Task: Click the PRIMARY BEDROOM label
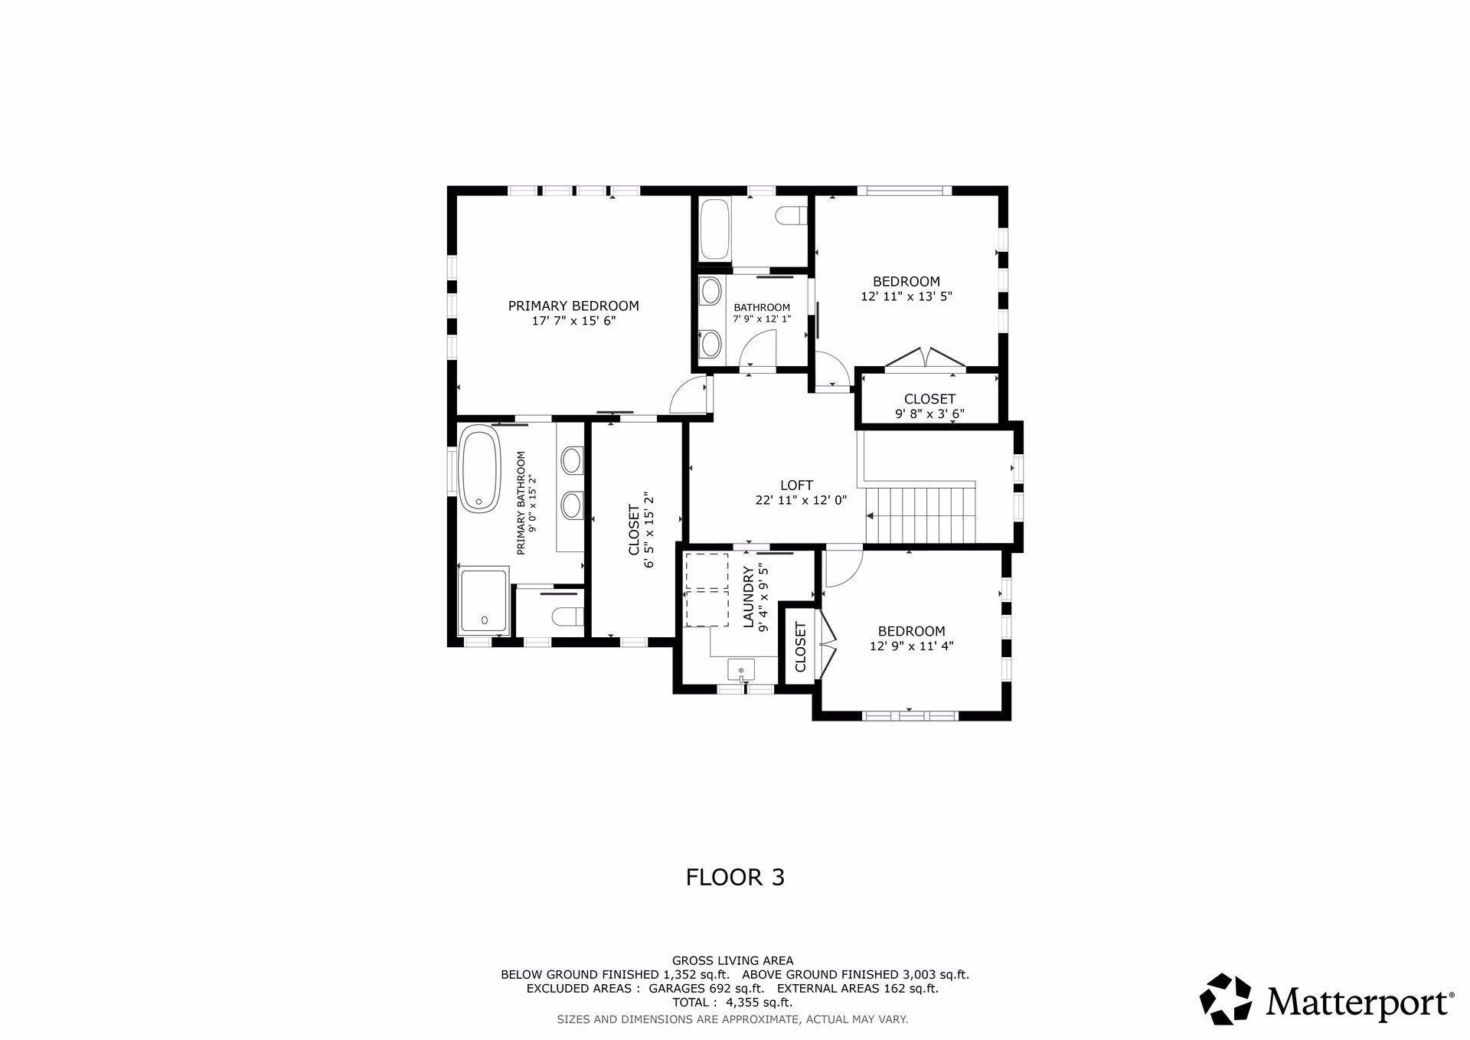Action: [x=573, y=306]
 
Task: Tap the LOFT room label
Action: [x=796, y=485]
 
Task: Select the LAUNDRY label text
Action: [x=749, y=597]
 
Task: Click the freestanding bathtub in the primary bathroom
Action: [x=479, y=469]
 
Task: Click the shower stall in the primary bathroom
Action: [x=483, y=600]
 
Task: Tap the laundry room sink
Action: [x=741, y=669]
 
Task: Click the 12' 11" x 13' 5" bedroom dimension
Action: [x=906, y=296]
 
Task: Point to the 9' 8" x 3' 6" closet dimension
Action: [x=929, y=414]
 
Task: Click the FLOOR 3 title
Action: [x=735, y=877]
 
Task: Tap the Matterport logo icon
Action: [x=1225, y=999]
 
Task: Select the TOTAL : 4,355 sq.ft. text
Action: [x=732, y=1002]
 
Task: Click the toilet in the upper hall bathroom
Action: [x=791, y=216]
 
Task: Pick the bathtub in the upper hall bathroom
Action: [x=716, y=229]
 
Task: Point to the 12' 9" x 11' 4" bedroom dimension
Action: [x=911, y=646]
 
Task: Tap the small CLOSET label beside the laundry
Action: [x=801, y=647]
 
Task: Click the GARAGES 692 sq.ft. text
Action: [x=705, y=989]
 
